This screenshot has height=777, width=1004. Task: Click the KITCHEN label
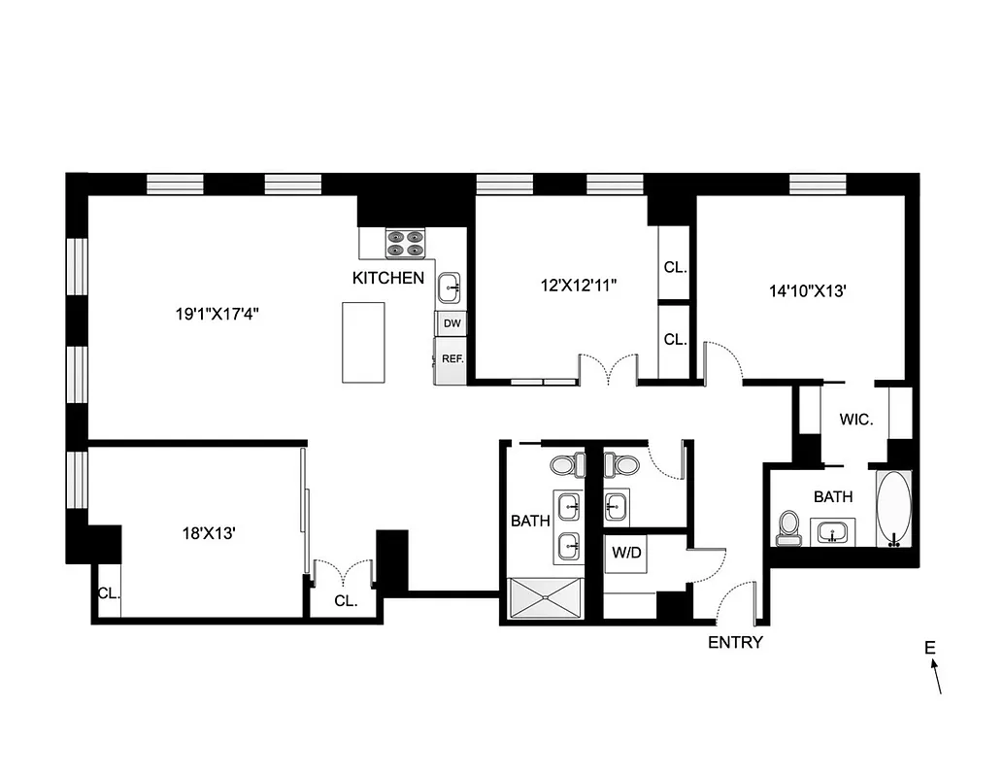(387, 278)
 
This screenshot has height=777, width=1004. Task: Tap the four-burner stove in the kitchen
(407, 243)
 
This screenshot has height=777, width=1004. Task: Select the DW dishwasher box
(452, 323)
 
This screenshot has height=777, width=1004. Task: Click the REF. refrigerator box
(452, 358)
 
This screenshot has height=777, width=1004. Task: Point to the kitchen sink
(451, 287)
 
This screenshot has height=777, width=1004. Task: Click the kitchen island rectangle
(362, 342)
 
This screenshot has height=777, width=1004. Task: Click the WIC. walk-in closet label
(856, 421)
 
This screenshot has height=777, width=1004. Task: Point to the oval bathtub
(894, 510)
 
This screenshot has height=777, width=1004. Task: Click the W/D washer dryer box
(624, 554)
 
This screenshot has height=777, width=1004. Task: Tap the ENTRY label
(735, 642)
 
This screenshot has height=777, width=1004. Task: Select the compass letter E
(929, 648)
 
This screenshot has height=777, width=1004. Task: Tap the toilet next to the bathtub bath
(788, 528)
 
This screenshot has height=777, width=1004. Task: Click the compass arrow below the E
(937, 678)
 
